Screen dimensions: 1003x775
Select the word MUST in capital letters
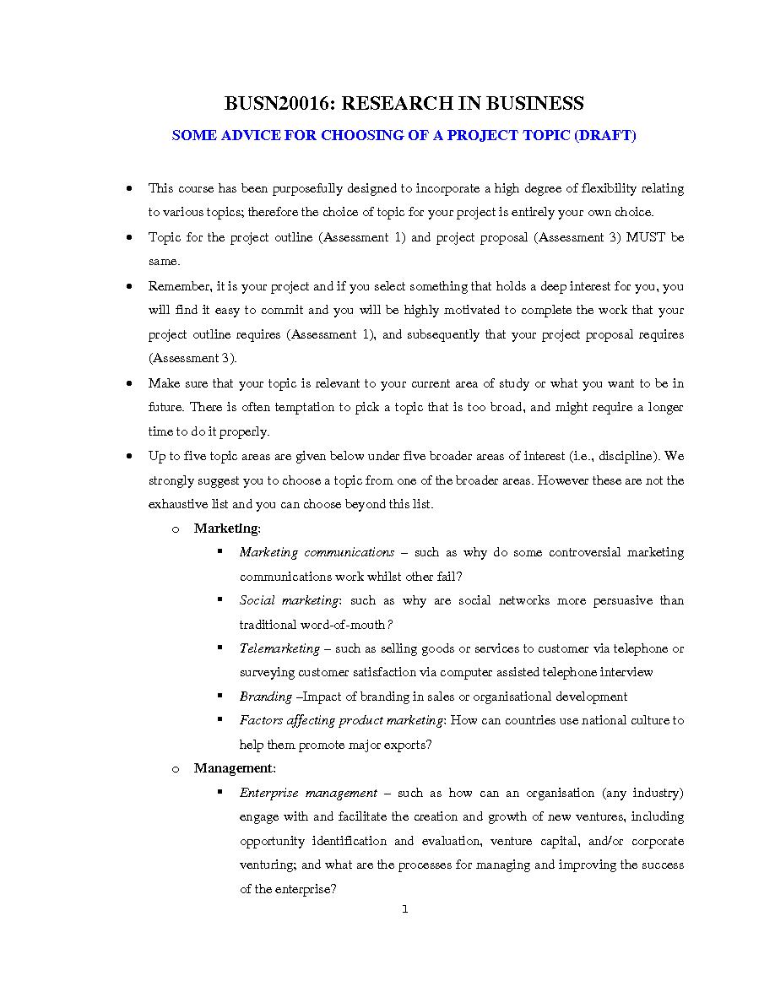(x=647, y=237)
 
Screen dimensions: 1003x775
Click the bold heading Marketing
(x=226, y=529)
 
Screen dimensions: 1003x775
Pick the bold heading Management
(x=234, y=768)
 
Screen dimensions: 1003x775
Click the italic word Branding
(x=266, y=697)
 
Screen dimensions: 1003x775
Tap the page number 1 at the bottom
(x=404, y=909)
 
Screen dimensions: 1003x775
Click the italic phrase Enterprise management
(x=308, y=793)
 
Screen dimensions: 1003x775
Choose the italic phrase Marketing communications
(x=317, y=552)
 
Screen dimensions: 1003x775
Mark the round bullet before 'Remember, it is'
(x=128, y=286)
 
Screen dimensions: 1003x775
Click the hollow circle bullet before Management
(x=176, y=769)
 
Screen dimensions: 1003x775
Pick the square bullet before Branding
(x=219, y=696)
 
